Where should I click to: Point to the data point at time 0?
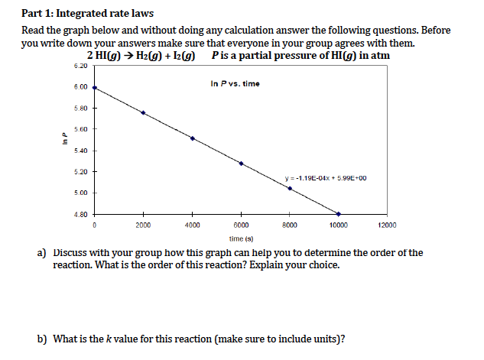94,88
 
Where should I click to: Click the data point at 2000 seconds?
143,113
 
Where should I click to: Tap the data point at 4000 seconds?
192,138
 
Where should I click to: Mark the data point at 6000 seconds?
241,164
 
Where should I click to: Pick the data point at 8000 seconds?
290,188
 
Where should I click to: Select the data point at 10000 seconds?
339,213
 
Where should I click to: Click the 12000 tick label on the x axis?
388,225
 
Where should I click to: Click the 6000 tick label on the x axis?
241,225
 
